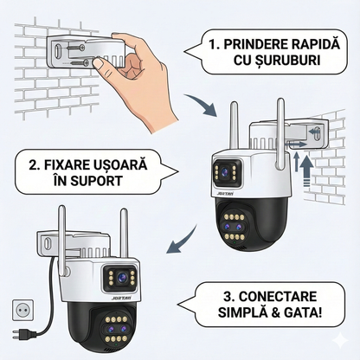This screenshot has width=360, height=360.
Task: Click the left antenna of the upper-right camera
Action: point(232,130)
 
